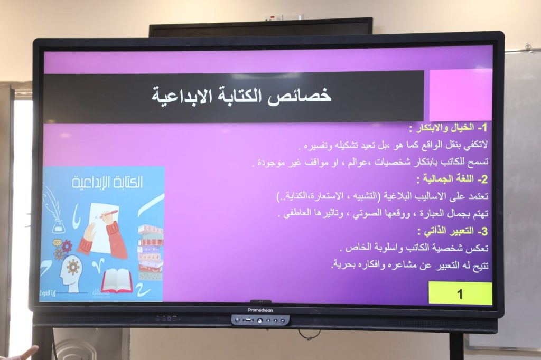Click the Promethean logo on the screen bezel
coord(260,310)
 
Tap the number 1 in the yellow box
coord(460,294)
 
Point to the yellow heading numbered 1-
coord(448,128)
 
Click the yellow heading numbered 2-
coord(452,179)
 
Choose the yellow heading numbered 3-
coord(452,231)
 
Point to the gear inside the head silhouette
coord(73,267)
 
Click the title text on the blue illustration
coord(107,182)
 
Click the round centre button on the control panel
coord(260,321)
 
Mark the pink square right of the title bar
coord(461,95)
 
